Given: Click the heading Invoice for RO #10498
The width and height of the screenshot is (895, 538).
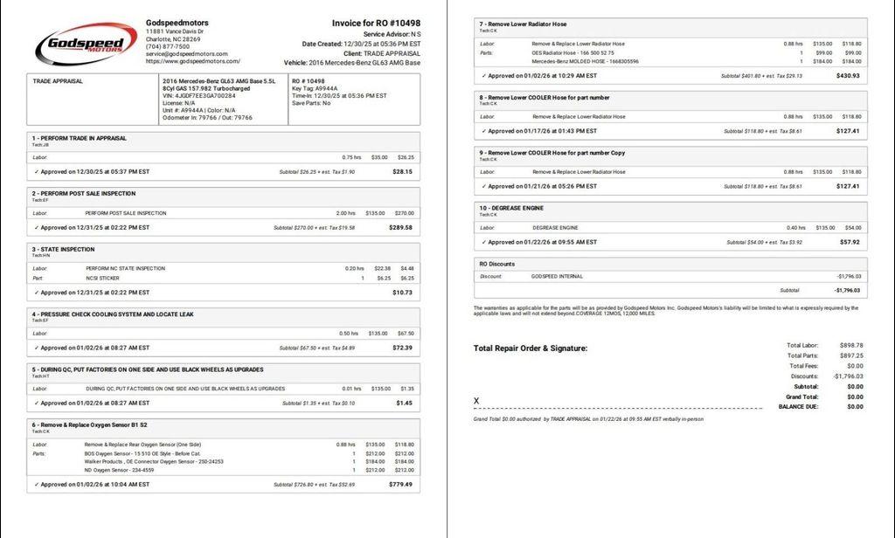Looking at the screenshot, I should pos(376,23).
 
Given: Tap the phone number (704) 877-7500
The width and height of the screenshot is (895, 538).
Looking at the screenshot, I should pos(168,46).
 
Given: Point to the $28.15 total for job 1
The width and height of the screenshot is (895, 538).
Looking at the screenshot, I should pos(402,172).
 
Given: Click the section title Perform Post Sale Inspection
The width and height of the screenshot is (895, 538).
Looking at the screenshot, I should pos(84,194).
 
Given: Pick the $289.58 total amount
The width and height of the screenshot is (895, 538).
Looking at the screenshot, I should pos(400,227).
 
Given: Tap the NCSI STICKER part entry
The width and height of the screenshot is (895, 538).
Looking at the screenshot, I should pos(102,279).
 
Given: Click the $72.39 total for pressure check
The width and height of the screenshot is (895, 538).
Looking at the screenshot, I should pos(402,348).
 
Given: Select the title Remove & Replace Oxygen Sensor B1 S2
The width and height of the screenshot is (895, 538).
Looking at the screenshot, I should pos(90,424).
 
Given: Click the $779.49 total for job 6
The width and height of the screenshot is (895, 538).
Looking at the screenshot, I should pos(399,484).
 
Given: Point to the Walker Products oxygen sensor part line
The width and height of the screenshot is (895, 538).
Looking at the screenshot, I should pos(154,461).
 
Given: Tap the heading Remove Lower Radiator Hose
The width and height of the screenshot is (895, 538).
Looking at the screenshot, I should pos(523,24).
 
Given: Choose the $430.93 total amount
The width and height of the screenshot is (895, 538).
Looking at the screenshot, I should pos(848,76).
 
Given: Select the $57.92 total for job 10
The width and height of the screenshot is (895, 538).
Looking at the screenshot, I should pos(849,242).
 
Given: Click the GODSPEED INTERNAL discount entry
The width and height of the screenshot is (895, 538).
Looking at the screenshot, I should pos(557,277).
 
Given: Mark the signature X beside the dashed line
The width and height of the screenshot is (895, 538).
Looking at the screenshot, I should pos(476,401).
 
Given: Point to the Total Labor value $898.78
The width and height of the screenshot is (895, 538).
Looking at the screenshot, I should pos(850,345).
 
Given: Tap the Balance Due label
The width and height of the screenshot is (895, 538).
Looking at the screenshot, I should pos(798,406).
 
